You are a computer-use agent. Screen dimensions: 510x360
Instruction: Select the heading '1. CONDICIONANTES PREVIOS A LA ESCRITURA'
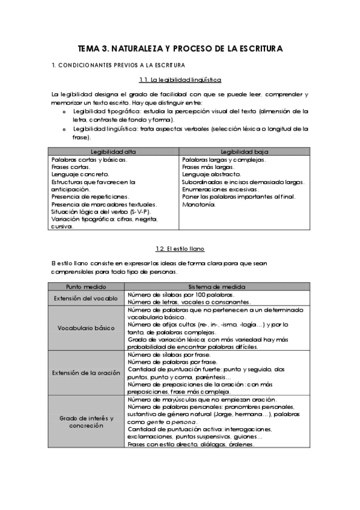[x=118, y=65]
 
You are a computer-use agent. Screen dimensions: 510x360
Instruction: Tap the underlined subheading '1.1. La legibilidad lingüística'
[x=180, y=79]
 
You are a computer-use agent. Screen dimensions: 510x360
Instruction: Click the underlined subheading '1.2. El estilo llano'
[x=180, y=248]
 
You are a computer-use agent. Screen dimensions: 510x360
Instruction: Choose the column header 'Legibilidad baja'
[x=244, y=152]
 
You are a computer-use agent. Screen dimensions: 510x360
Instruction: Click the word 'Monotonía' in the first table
[x=198, y=204]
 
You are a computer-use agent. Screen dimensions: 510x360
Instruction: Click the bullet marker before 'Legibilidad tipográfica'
[x=64, y=112]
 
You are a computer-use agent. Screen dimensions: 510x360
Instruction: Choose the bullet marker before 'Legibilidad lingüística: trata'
[x=64, y=129]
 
